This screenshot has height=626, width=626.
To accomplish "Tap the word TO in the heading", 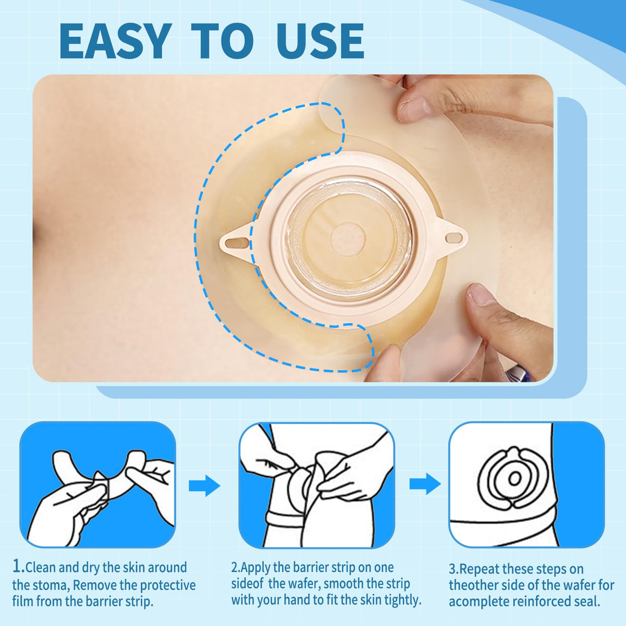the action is pos(222,41).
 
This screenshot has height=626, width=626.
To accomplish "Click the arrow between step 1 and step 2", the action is pos(205,485).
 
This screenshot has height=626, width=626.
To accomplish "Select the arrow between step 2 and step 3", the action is pos(425,484).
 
